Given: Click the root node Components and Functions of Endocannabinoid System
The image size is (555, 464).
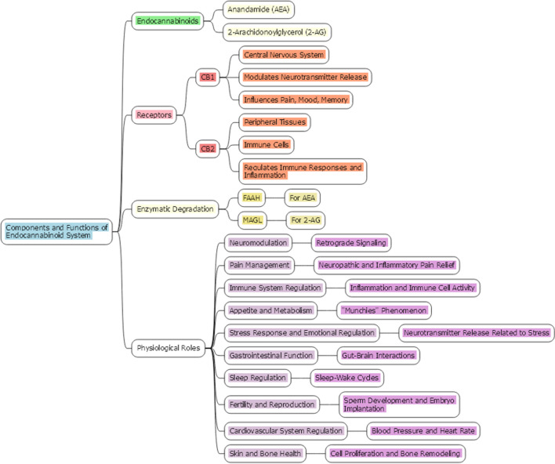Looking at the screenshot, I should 57,230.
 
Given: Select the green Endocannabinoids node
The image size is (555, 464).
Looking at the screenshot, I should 167,21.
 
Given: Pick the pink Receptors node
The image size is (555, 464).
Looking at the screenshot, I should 154,115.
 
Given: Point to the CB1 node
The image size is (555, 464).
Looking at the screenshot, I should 208,77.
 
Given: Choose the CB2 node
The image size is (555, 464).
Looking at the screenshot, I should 208,147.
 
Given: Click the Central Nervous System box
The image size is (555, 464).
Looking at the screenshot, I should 284,55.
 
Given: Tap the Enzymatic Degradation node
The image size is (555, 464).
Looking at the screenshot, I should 175,208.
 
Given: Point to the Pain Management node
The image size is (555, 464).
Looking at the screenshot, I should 260,265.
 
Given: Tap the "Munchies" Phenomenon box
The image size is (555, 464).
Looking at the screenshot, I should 384,310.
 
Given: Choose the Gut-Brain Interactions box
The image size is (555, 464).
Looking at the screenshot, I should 378,355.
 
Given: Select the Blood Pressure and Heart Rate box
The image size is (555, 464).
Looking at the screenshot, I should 424,430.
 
